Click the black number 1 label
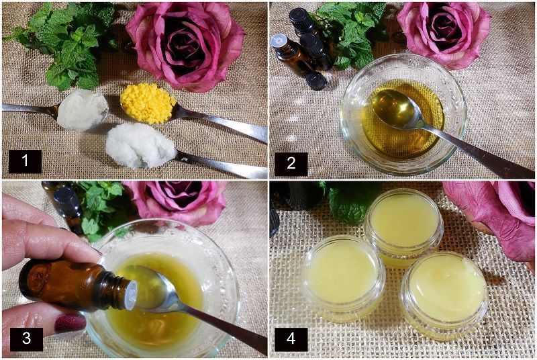(x=25, y=161)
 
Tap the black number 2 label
(x=291, y=164)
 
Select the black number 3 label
(x=26, y=339)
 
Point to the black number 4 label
(x=291, y=339)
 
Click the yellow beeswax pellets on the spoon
(x=148, y=102)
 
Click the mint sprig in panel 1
(x=65, y=41)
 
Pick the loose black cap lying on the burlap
(x=316, y=81)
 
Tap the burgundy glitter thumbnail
(x=70, y=322)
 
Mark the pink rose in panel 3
(x=177, y=203)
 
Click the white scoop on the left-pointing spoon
(x=82, y=109)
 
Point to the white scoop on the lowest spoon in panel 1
(x=140, y=146)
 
